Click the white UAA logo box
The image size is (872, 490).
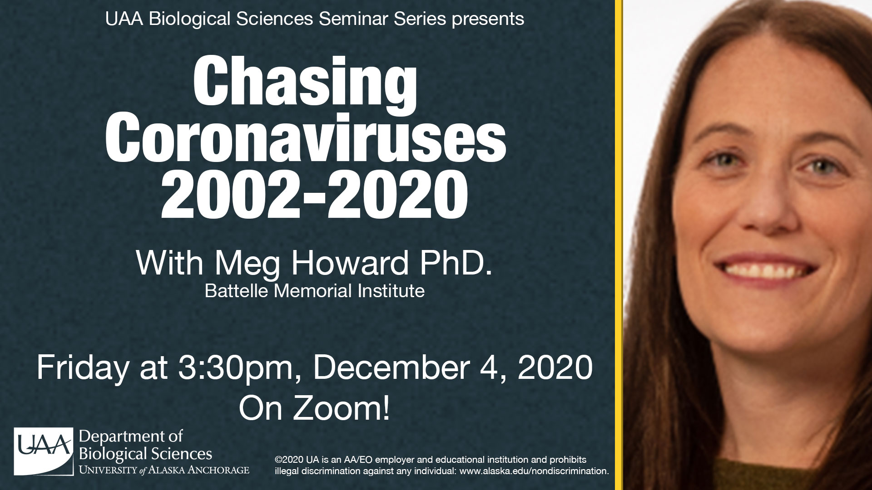44,451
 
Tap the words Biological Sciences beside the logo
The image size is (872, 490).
146,454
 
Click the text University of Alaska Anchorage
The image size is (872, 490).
164,470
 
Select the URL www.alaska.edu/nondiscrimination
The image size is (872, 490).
535,471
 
